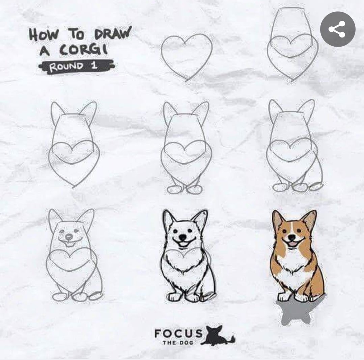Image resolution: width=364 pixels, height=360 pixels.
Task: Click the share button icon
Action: click(338, 29)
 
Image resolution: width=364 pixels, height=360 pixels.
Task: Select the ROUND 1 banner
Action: click(77, 67)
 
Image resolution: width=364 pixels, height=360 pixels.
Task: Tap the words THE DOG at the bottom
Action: click(178, 342)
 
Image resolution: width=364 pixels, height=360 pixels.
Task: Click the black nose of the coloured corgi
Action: click(291, 237)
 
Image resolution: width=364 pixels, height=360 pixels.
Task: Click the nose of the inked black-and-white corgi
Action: click(183, 237)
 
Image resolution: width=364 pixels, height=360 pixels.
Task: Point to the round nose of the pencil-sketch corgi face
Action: click(69, 237)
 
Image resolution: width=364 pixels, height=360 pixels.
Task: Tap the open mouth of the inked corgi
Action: click(183, 243)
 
